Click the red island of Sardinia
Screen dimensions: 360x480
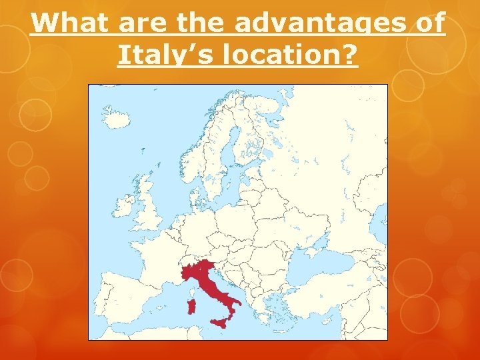click(x=192, y=307)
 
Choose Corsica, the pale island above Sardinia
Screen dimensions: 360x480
click(x=193, y=291)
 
